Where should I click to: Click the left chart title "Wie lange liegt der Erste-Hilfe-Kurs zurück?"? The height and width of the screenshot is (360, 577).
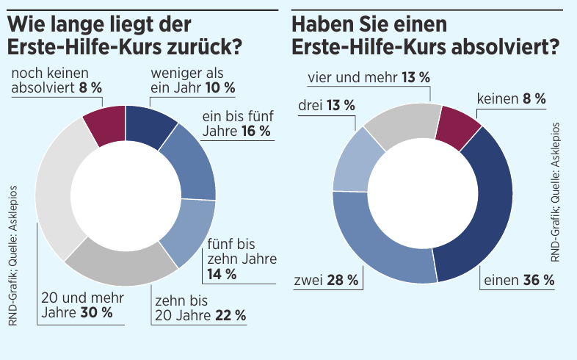(125, 37)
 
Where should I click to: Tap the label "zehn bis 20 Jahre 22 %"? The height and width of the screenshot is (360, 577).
(198, 308)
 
